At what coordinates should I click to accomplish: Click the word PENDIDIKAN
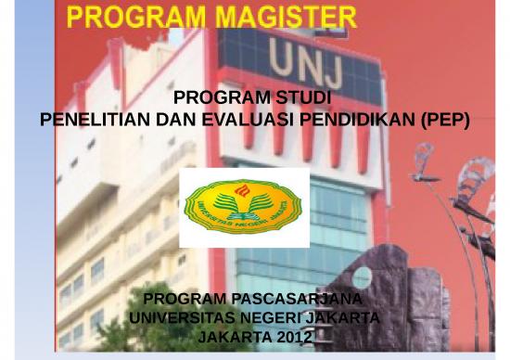click(351, 120)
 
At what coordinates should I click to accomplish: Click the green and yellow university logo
click(243, 208)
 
